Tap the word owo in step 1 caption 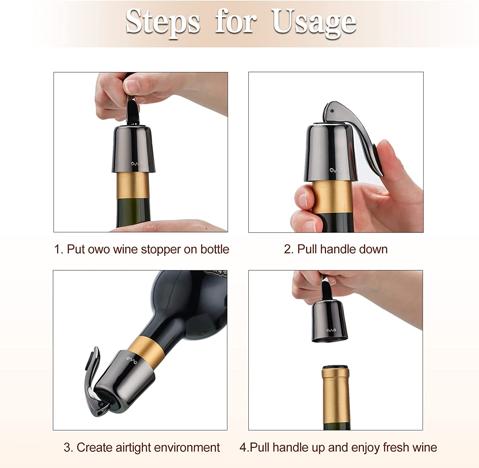[99, 250]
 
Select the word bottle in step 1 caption [215, 250]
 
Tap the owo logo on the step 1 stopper [136, 164]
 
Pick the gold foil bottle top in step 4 [336, 393]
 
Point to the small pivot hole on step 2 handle [332, 111]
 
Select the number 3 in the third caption [67, 448]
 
